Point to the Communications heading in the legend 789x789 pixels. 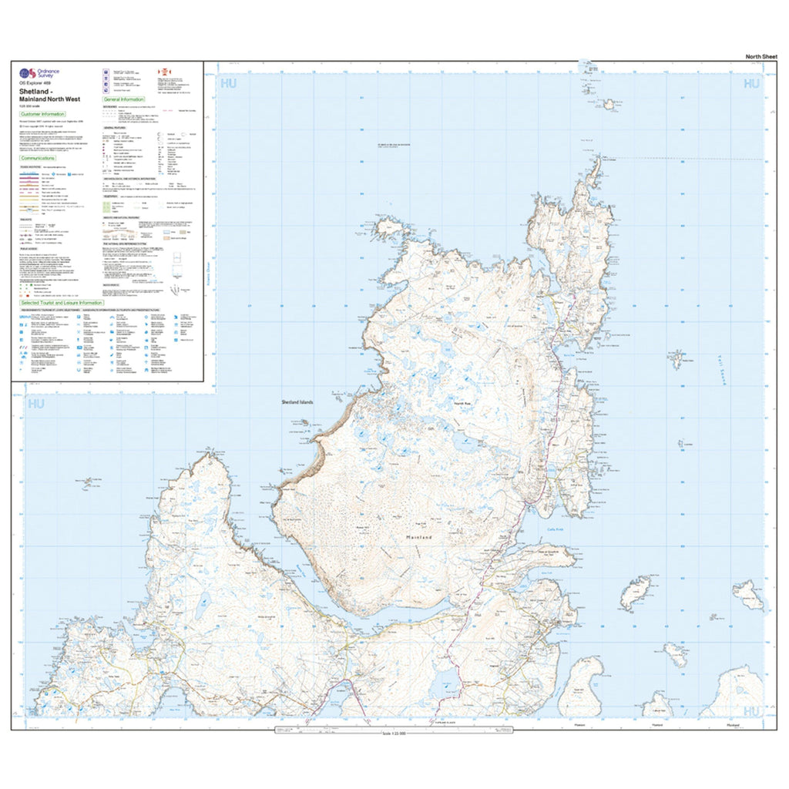(42, 158)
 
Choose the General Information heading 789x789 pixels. (123, 99)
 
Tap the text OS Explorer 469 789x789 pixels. (35, 82)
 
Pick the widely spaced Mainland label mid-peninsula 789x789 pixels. (420, 537)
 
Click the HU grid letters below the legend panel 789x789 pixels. (34, 403)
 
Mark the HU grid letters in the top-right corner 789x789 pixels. (750, 83)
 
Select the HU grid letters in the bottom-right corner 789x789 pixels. (751, 710)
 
